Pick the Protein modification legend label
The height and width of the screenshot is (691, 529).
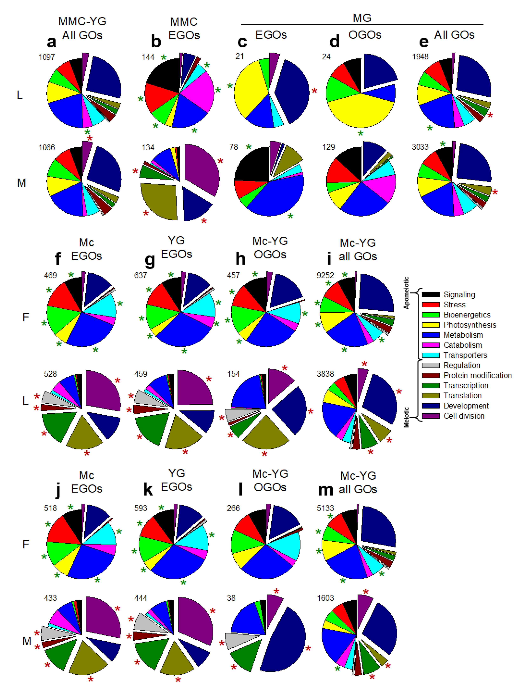point(477,375)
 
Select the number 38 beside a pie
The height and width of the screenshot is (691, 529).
point(231,598)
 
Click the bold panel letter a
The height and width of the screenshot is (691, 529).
point(51,42)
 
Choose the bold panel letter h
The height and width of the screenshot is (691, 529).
point(241,259)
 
